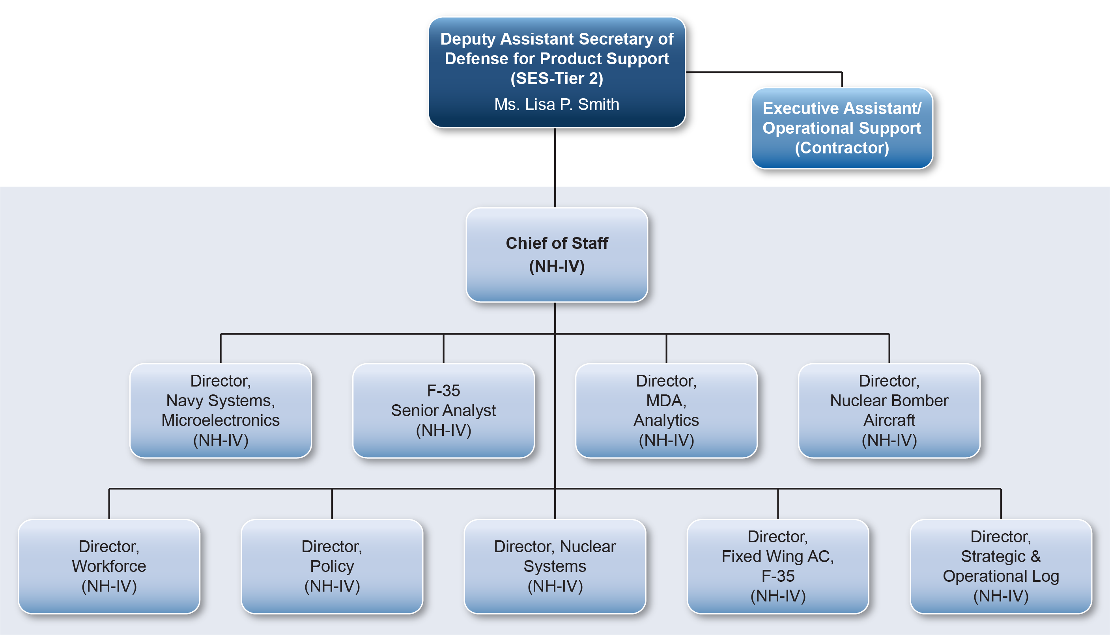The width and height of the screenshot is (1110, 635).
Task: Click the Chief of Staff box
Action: click(x=557, y=255)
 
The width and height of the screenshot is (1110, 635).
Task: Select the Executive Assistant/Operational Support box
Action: click(x=842, y=128)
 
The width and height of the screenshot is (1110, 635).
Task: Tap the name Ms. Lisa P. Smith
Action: click(x=557, y=104)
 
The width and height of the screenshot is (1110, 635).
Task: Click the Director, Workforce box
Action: click(x=109, y=566)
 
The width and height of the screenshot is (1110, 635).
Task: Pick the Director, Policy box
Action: click(x=332, y=566)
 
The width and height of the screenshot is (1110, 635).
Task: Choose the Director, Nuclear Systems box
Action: click(x=555, y=566)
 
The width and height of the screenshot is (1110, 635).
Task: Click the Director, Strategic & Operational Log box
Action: click(x=1001, y=566)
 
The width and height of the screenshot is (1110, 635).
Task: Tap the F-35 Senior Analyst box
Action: click(x=443, y=411)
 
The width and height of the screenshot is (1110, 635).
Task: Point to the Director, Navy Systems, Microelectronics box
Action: click(x=221, y=411)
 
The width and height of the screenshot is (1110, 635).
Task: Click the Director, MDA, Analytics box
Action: click(x=667, y=411)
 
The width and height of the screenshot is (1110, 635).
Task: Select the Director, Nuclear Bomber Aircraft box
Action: click(x=889, y=411)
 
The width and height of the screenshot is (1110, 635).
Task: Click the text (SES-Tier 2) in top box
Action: click(x=557, y=78)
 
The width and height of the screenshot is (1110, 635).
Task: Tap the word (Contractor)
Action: click(x=842, y=148)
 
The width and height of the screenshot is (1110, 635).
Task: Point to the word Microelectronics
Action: click(x=221, y=420)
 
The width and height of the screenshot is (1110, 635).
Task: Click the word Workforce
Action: click(x=109, y=566)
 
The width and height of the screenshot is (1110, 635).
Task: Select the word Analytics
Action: click(x=667, y=421)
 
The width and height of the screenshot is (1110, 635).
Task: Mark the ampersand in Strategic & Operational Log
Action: click(x=1035, y=557)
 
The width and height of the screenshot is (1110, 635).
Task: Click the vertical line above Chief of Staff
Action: click(x=555, y=168)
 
